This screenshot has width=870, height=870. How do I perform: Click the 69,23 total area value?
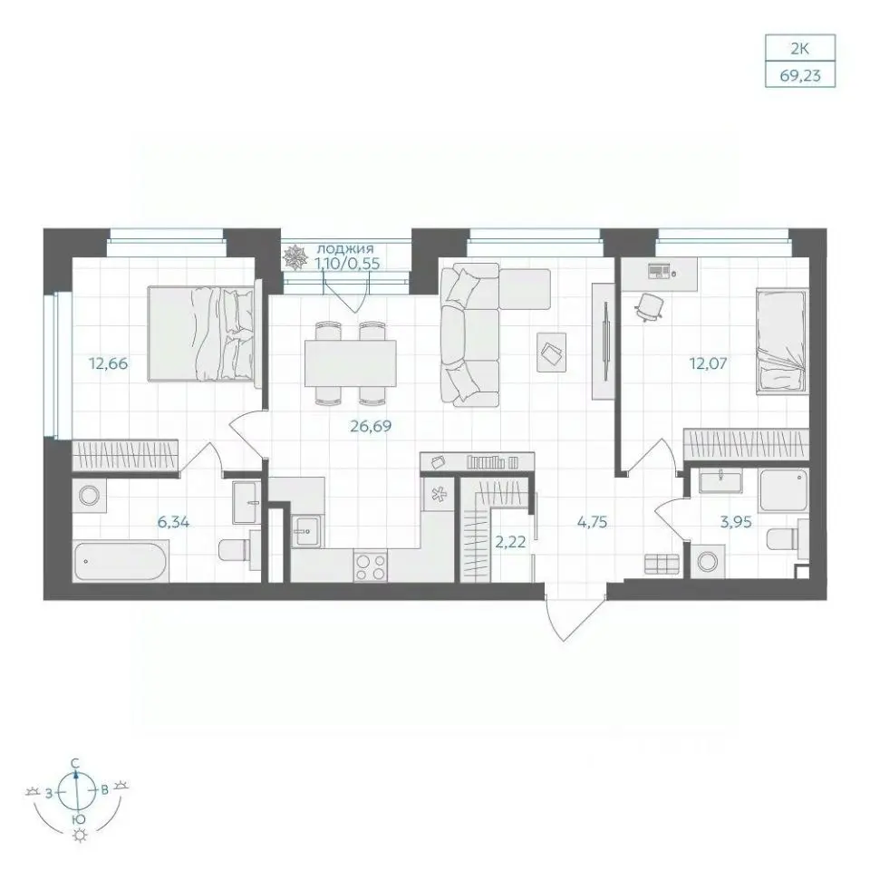coord(800,75)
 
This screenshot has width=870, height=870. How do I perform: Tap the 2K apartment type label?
coord(800,49)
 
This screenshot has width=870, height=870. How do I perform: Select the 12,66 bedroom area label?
coord(108,363)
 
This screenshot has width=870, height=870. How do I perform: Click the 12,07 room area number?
coord(708,363)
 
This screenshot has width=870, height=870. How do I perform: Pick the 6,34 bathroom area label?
coord(174,522)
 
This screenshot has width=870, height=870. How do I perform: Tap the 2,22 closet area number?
coord(510,542)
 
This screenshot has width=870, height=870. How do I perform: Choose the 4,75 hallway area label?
coord(592,522)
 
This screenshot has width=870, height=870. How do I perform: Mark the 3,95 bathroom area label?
coord(736,522)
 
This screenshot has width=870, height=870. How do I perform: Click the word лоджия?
coord(344,248)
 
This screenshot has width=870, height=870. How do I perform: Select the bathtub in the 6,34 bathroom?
coord(121,562)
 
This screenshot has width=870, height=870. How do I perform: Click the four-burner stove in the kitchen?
coord(371,567)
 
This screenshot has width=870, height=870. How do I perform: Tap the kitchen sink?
coord(305,530)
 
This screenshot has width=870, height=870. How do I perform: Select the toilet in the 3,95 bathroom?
coord(785,538)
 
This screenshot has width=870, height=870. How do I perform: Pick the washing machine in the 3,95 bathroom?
coord(708,562)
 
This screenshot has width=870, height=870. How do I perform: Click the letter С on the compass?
coord(75,763)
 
